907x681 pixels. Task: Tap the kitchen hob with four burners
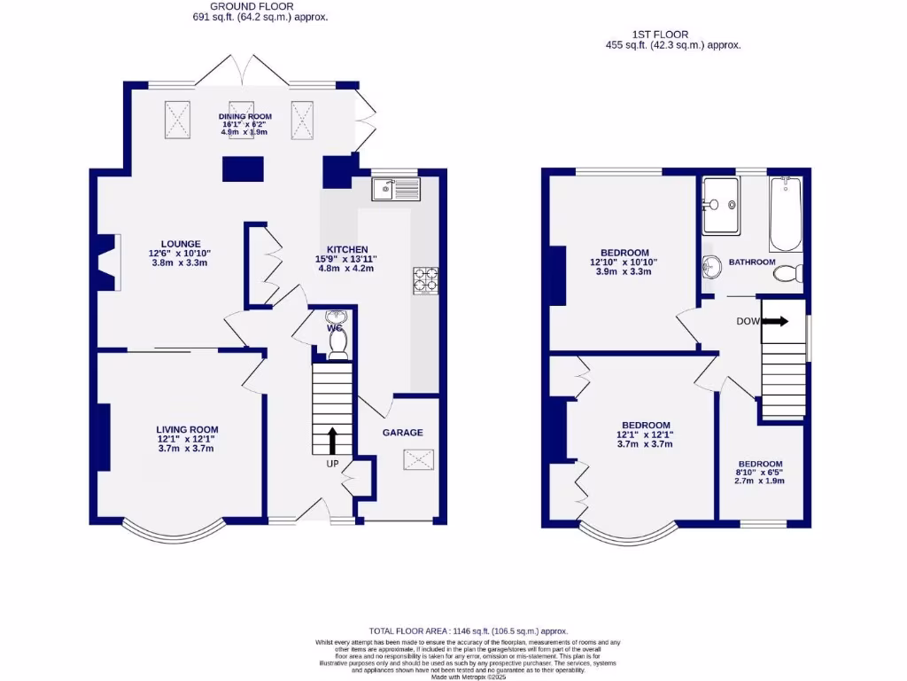point(424,280)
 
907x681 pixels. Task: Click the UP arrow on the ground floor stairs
point(333,439)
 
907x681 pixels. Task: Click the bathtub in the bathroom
point(785,215)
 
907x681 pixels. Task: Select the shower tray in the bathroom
point(719,204)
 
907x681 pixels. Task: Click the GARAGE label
point(402,433)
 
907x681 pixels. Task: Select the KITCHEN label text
point(347,249)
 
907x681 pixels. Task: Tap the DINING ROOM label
point(245,116)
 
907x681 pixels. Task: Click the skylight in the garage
point(417,459)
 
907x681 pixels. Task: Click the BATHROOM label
point(752,262)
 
